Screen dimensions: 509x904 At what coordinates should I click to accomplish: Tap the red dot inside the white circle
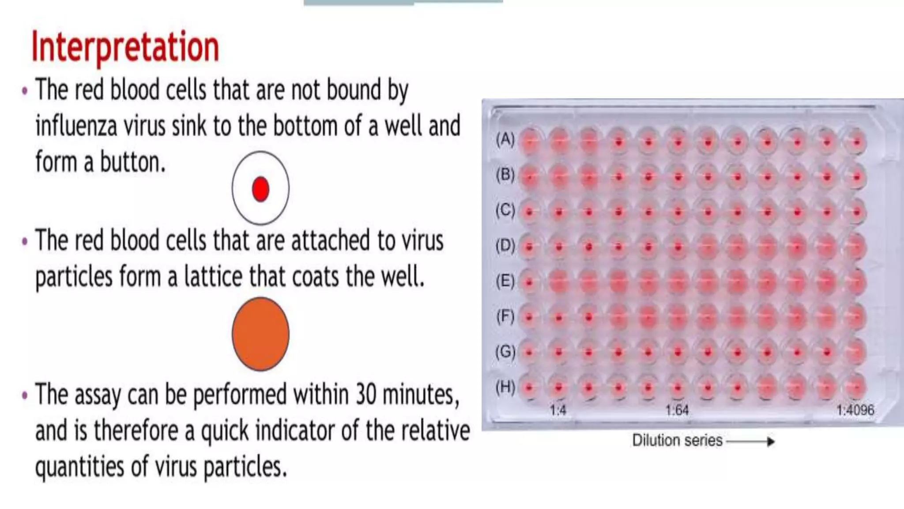click(x=260, y=189)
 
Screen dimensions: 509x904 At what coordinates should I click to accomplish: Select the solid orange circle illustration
click(x=260, y=334)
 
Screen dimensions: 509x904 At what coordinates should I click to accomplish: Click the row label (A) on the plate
click(x=505, y=140)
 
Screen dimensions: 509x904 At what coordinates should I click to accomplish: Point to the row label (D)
click(x=505, y=245)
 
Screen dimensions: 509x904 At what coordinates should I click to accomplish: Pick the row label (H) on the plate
click(x=505, y=387)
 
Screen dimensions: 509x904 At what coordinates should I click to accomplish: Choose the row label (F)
click(x=505, y=316)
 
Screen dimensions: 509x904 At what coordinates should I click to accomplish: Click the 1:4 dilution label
click(x=558, y=410)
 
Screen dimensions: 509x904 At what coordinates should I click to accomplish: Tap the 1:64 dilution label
click(x=677, y=410)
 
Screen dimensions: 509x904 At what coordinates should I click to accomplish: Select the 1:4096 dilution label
click(x=855, y=410)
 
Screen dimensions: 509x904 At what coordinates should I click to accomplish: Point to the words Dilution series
click(x=677, y=441)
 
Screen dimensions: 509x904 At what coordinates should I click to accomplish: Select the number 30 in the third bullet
click(x=366, y=394)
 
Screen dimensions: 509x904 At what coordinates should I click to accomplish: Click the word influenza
click(x=76, y=126)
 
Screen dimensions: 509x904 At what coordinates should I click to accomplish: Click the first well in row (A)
click(x=529, y=142)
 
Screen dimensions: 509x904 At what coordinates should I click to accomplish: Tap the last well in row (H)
click(x=856, y=388)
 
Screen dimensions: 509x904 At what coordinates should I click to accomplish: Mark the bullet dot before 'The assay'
click(x=25, y=395)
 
